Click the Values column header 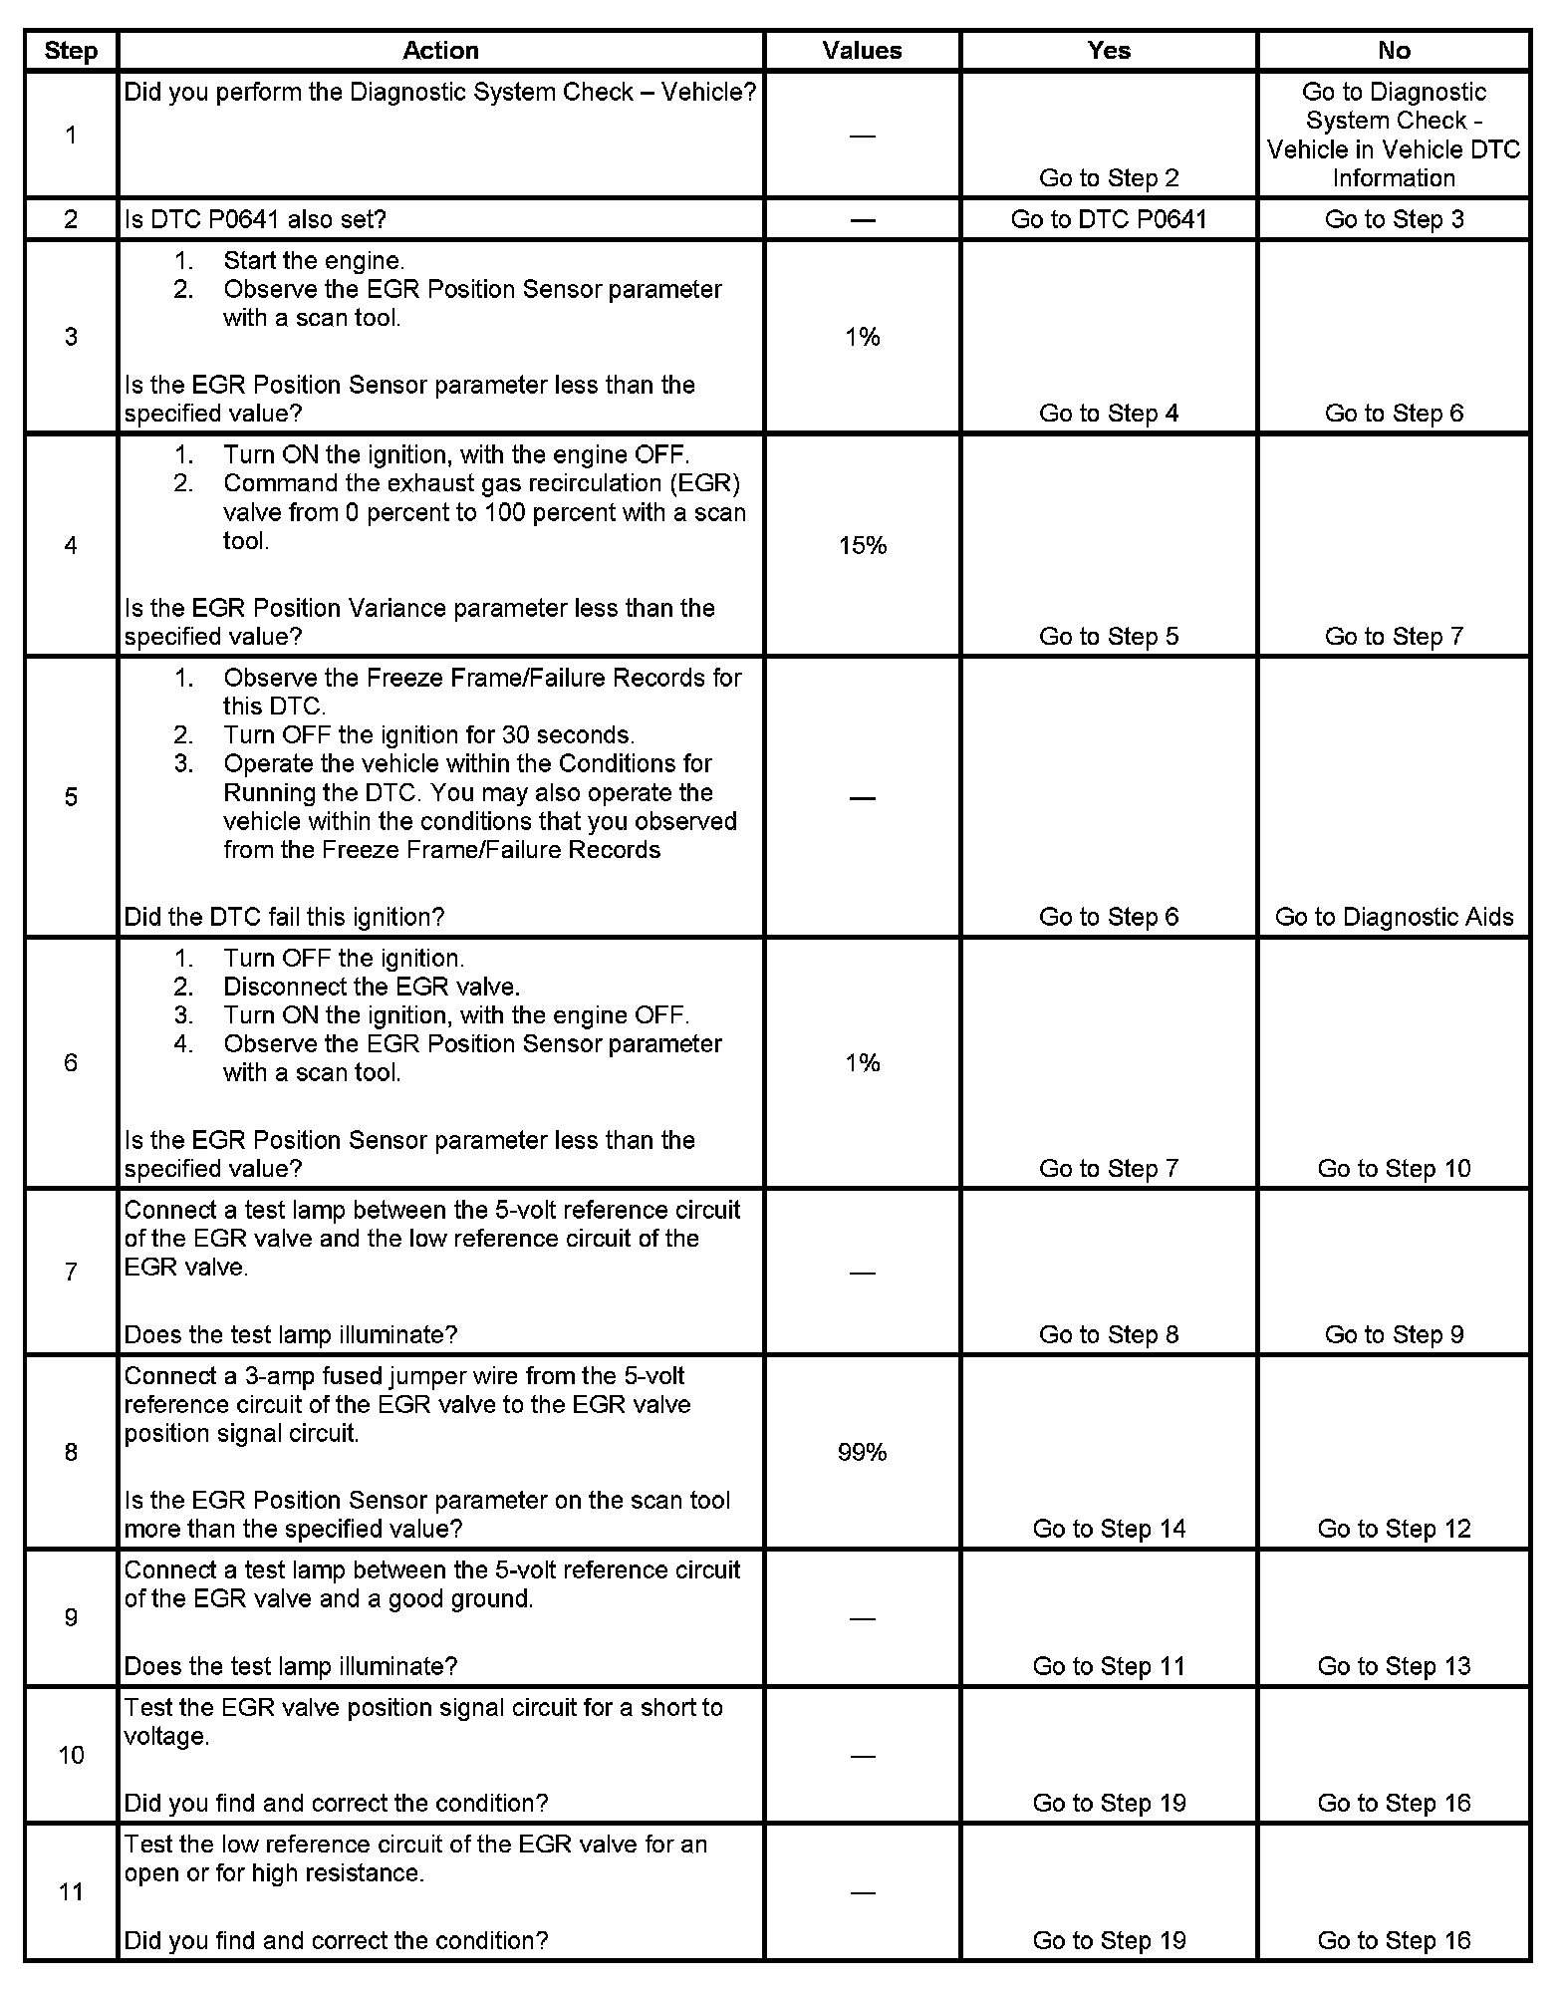862,51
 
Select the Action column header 440,51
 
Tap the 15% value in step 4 863,545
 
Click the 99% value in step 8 863,1452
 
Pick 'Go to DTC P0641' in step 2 1109,219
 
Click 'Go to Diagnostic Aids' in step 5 1394,917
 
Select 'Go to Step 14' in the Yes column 1109,1529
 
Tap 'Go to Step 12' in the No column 1394,1529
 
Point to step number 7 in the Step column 71,1272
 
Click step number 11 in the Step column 71,1891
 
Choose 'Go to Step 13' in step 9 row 1394,1666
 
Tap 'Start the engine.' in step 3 314,261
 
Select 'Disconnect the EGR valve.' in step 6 372,987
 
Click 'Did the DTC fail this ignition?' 284,917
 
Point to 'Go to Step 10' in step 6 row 1394,1168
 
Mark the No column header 1394,51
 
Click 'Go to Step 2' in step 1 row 1109,178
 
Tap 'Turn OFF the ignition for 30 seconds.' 428,735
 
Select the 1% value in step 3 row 863,338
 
